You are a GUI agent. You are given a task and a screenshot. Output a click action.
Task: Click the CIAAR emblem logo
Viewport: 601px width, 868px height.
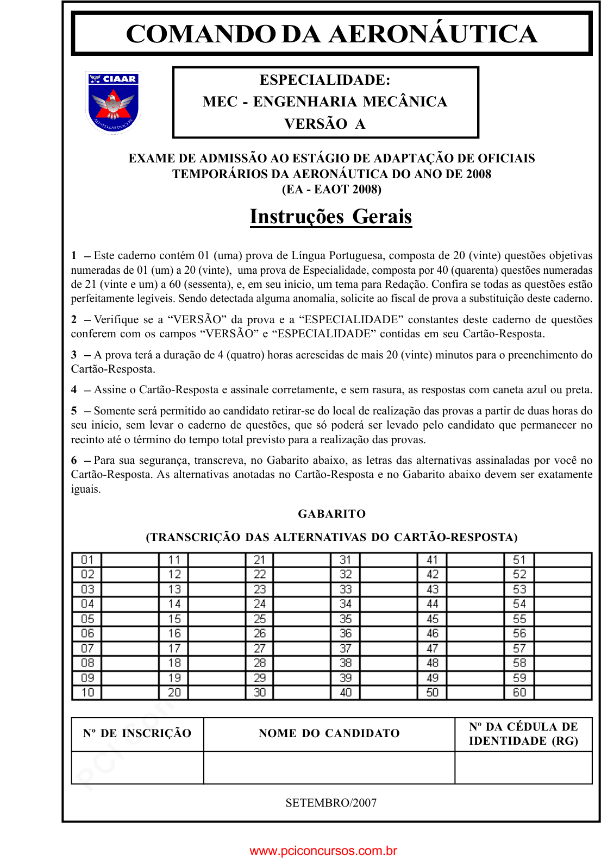pyautogui.click(x=113, y=102)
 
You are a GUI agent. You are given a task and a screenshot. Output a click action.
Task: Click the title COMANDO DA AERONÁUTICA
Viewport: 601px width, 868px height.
pyautogui.click(x=331, y=34)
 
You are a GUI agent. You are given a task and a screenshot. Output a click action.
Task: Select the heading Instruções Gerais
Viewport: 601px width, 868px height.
pyautogui.click(x=331, y=216)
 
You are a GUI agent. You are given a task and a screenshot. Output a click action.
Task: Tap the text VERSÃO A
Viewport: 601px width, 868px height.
pyautogui.click(x=325, y=124)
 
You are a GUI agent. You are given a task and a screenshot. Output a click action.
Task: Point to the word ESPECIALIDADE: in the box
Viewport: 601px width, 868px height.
pyautogui.click(x=325, y=80)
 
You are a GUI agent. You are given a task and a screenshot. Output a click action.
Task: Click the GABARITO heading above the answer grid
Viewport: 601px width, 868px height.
pyautogui.click(x=331, y=513)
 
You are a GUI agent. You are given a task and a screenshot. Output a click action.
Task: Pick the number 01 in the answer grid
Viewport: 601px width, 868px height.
pyautogui.click(x=87, y=560)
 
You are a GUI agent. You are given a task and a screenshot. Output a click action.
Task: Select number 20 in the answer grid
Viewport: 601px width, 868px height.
pyautogui.click(x=174, y=693)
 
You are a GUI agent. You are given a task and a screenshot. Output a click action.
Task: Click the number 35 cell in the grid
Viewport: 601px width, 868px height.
pyautogui.click(x=346, y=619)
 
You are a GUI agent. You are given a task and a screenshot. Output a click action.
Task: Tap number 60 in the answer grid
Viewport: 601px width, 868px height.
pyautogui.click(x=519, y=693)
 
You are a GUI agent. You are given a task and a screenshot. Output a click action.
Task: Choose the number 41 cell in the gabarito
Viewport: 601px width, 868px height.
pyautogui.click(x=433, y=560)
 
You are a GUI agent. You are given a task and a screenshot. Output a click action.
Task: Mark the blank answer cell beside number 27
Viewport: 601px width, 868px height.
pyautogui.click(x=302, y=649)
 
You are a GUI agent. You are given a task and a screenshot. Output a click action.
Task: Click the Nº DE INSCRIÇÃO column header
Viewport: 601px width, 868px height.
pyautogui.click(x=137, y=733)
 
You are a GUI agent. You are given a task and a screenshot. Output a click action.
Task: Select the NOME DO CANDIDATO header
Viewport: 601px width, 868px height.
pyautogui.click(x=329, y=733)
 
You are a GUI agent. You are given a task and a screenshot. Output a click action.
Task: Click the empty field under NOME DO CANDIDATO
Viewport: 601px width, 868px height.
pyautogui.click(x=329, y=768)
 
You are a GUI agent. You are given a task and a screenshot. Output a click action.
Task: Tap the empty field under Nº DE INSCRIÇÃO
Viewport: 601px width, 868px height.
pyautogui.click(x=137, y=768)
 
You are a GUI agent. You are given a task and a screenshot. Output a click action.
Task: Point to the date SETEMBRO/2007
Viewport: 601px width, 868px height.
pyautogui.click(x=331, y=803)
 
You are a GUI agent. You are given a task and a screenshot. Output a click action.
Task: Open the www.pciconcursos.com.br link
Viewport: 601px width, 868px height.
pyautogui.click(x=323, y=851)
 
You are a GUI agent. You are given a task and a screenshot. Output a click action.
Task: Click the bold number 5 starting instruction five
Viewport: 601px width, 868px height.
pyautogui.click(x=74, y=411)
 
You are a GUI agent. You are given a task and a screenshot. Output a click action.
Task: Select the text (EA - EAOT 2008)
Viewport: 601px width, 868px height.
pyautogui.click(x=331, y=189)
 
